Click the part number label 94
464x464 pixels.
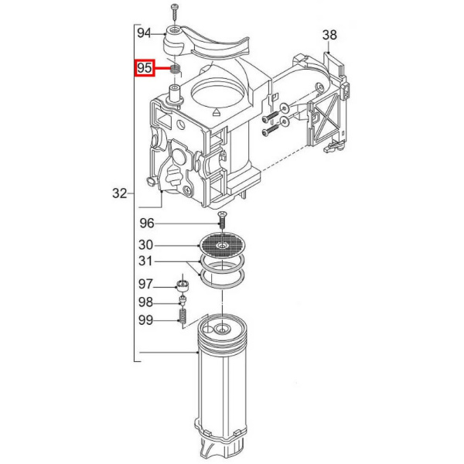pos(144,33)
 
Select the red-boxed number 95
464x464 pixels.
pos(145,69)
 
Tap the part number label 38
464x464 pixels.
pos(329,35)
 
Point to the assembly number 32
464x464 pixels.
pos(119,193)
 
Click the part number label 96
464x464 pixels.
pos(148,224)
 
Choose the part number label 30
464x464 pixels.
pos(147,244)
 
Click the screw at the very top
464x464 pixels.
pos(176,9)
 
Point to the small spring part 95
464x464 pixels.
pos(176,70)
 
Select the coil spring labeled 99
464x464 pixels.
pos(183,316)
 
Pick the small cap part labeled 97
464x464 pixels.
pos(184,285)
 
